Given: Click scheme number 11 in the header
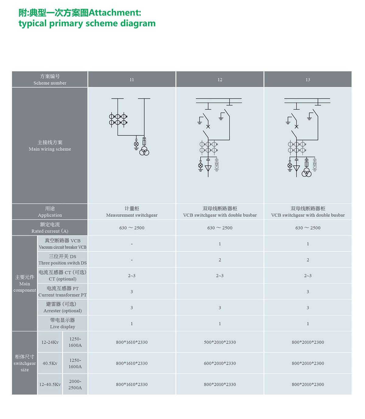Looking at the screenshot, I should (x=132, y=80).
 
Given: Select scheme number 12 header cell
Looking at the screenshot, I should (x=220, y=80).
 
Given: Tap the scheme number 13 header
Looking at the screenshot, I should (x=308, y=80).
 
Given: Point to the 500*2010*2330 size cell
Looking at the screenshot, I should (x=220, y=342).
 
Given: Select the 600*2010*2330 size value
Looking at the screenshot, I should (x=220, y=363).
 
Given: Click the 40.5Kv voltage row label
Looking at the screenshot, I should (x=50, y=363).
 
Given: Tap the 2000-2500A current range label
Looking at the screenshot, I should (x=75, y=384).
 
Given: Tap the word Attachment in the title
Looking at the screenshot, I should (x=115, y=13).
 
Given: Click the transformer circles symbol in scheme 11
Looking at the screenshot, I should (x=144, y=151).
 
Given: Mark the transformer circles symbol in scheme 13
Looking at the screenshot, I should (x=307, y=173).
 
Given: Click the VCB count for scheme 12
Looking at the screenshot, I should (x=220, y=244).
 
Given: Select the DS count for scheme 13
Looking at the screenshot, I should (x=308, y=260).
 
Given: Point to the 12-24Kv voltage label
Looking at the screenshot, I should (x=50, y=342).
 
